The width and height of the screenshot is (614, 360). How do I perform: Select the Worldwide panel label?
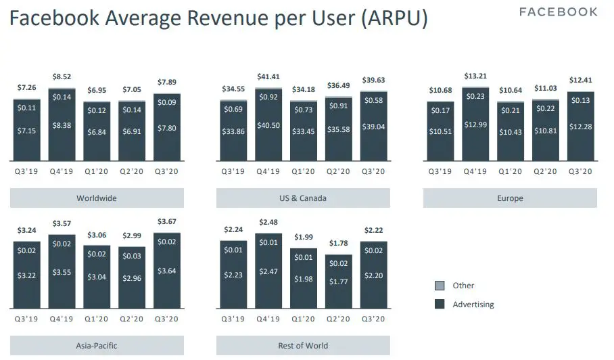click(96, 198)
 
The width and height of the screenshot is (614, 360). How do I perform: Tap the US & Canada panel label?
click(303, 198)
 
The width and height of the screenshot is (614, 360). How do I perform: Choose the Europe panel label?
click(510, 198)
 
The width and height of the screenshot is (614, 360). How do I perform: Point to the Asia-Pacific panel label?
click(96, 346)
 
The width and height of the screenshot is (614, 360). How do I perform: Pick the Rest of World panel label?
click(303, 346)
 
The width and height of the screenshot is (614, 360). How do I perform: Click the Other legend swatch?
click(438, 286)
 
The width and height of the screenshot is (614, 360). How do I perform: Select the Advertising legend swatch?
click(438, 305)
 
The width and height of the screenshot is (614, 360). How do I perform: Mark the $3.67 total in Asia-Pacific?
click(166, 222)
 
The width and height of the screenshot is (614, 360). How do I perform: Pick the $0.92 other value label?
click(268, 97)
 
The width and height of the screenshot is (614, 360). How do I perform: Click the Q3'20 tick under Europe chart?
click(580, 171)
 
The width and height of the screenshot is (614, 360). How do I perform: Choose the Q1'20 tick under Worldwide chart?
click(96, 171)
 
